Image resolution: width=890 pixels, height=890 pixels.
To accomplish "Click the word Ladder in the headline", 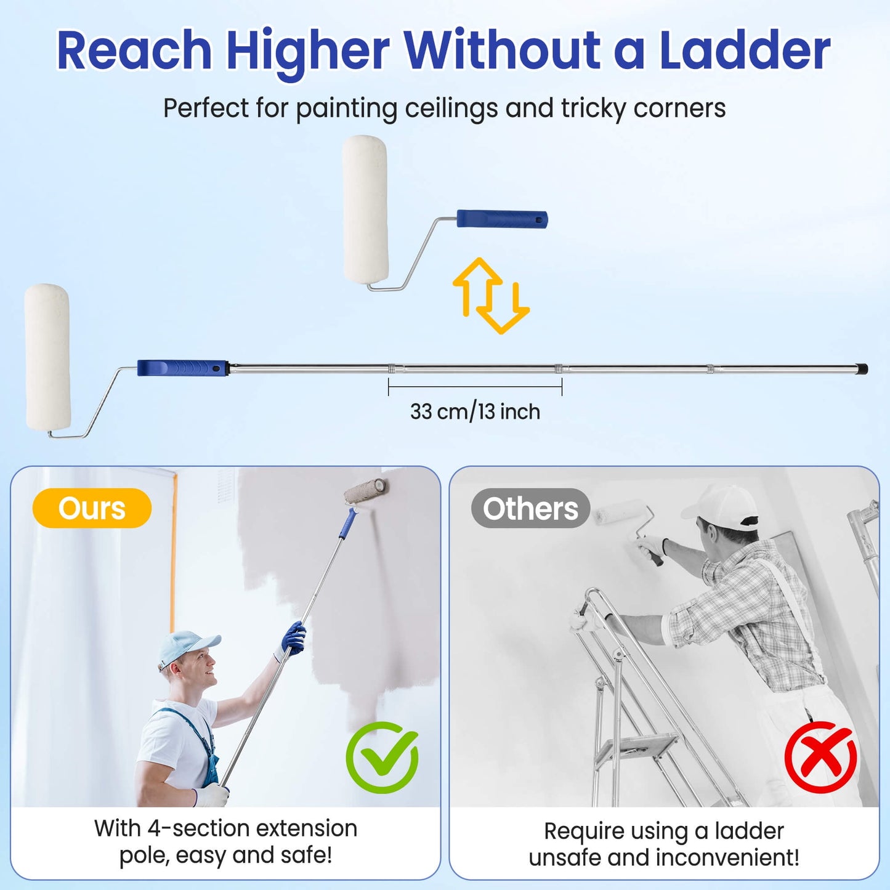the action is tap(744, 50).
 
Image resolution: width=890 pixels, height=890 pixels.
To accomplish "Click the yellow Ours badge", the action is tap(92, 508).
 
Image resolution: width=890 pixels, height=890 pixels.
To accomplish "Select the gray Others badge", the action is tap(530, 508).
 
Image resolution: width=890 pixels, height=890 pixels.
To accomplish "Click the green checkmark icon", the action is tap(382, 758).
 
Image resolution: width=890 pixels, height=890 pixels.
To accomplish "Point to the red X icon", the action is tap(821, 758).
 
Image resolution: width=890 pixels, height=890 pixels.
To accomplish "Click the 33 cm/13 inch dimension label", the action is tap(475, 411).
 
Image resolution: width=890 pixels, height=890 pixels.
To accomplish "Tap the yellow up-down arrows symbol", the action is tap(491, 296).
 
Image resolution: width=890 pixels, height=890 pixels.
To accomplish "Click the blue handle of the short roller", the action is tap(502, 219).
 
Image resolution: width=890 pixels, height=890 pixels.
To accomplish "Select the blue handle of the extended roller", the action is tap(182, 368).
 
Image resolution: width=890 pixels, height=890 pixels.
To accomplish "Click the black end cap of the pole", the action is tap(862, 368).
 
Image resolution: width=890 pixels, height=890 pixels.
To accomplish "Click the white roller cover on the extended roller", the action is tap(47, 357).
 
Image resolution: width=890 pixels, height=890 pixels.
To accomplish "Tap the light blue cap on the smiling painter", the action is tap(187, 647).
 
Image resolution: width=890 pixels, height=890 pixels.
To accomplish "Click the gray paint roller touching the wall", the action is tap(366, 491).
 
